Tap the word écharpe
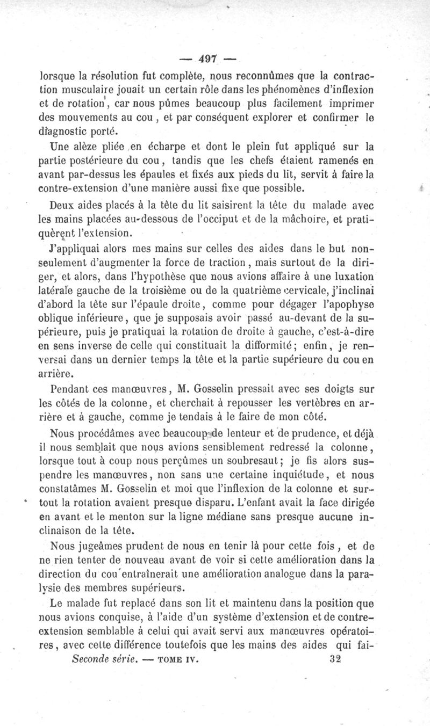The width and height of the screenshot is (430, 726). point(161,146)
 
